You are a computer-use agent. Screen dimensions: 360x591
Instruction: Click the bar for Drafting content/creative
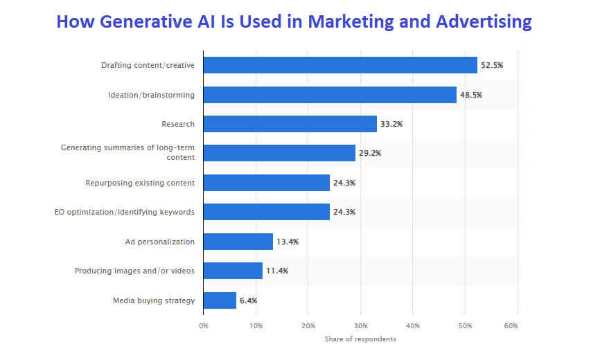pos(340,65)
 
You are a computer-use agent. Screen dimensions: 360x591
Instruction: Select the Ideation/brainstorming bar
pos(330,95)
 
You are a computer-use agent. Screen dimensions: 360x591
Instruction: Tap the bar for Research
pos(290,124)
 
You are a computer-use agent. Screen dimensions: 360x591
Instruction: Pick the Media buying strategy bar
pos(220,300)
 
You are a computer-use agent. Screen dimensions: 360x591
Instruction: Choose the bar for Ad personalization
pos(238,242)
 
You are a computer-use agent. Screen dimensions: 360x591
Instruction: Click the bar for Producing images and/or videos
pos(233,271)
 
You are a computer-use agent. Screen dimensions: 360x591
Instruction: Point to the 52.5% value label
pos(492,65)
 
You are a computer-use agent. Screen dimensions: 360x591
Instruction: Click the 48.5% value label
pos(471,95)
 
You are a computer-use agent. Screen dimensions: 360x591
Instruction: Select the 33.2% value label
pos(391,124)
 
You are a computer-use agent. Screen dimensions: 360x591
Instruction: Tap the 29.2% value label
pos(370,154)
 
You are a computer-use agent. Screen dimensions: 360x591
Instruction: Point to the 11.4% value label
pos(277,271)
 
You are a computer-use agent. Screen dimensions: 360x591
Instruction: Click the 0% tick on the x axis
pos(203,325)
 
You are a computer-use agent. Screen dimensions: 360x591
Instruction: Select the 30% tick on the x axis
pos(360,325)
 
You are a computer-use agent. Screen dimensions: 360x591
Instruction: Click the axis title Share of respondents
pos(360,339)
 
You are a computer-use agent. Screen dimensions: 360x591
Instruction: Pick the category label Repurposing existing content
pos(140,183)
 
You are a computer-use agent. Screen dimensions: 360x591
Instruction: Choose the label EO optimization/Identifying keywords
pos(124,212)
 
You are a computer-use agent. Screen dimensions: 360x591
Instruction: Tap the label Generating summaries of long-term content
pos(127,152)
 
